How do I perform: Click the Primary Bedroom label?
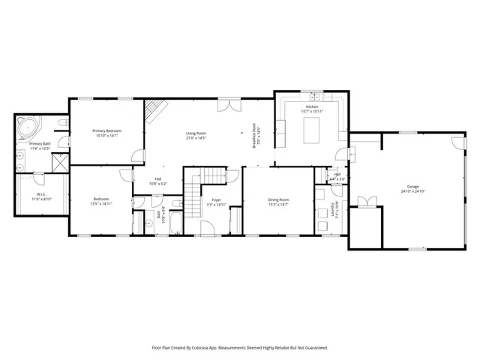point(108,130)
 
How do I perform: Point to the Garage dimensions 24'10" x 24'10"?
point(412,191)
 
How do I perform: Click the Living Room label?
point(196,133)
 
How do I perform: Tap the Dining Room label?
point(278,199)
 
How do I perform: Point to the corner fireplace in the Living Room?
point(153,111)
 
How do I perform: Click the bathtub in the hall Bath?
point(175,221)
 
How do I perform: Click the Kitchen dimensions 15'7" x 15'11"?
point(311,112)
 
